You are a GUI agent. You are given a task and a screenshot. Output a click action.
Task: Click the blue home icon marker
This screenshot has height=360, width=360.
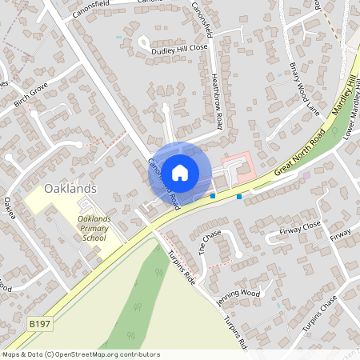tap(180, 172)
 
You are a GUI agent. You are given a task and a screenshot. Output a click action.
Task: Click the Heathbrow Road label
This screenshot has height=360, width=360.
tap(216, 97)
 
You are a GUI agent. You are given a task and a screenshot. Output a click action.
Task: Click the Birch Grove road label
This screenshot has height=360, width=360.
tap(31, 94)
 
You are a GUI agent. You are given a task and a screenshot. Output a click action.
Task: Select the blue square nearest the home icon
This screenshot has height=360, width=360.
tap(213, 195)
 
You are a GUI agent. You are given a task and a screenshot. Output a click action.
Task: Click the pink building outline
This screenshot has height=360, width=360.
tap(238, 168)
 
